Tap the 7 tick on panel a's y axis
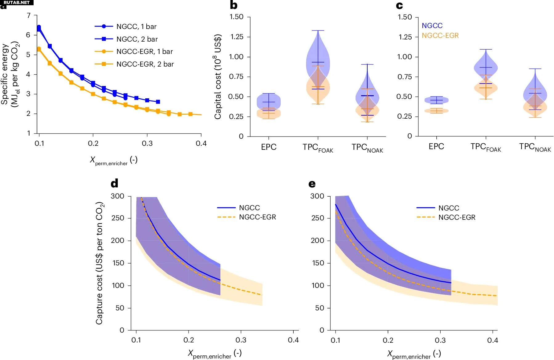click(x=29, y=15)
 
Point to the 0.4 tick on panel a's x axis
click(x=201, y=143)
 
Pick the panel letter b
click(x=234, y=5)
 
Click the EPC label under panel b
click(x=269, y=147)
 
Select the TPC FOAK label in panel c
click(x=486, y=147)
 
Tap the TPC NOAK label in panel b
click(x=367, y=148)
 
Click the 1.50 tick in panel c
click(x=405, y=17)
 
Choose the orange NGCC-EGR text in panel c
click(x=440, y=35)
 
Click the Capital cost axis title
click(x=218, y=76)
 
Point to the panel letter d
click(x=114, y=184)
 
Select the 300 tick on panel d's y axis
click(x=117, y=196)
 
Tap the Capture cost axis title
click(x=100, y=263)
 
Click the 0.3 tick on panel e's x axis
click(x=440, y=340)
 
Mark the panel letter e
click(x=312, y=184)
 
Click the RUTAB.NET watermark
click(x=17, y=2)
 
